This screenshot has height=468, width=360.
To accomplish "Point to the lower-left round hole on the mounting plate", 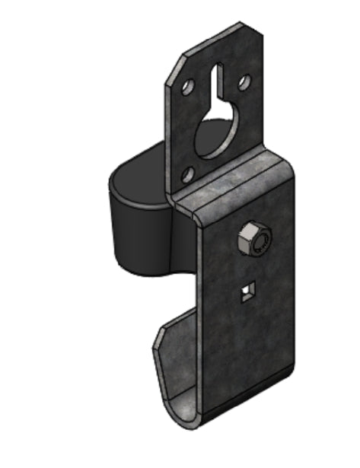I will point(186,177).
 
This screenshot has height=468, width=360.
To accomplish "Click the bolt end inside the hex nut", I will point(260,243).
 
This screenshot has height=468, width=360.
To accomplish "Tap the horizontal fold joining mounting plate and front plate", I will point(228,179).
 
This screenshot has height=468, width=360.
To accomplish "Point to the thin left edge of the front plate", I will point(200,320).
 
